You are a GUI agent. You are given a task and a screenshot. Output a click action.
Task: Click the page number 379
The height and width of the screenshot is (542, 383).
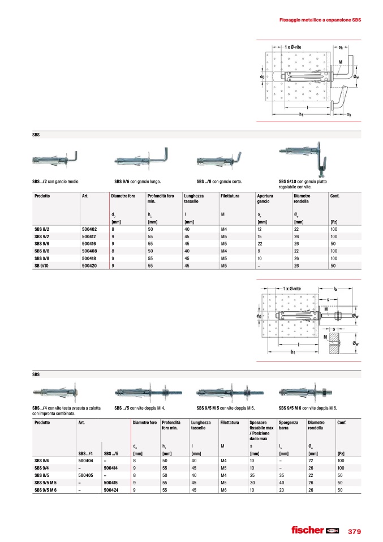coord(354,531)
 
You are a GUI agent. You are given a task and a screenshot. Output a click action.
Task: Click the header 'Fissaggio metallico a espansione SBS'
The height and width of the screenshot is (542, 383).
coord(321,20)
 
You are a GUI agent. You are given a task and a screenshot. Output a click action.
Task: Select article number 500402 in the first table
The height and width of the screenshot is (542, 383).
coord(89,229)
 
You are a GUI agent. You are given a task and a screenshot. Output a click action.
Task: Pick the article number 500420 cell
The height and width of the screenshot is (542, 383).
coord(89,265)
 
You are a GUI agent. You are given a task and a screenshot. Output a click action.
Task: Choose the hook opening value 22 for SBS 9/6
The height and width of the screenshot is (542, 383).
coord(260,243)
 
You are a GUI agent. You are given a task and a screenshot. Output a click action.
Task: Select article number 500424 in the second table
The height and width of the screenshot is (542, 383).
coord(110,490)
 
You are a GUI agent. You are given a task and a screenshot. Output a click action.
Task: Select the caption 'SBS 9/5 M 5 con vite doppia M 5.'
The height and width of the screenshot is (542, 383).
coord(225,408)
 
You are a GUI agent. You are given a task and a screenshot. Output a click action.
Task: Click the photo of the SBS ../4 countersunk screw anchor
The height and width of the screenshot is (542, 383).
coord(55,392)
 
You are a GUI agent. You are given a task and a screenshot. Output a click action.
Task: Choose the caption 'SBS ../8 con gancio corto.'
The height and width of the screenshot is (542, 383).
coord(222,182)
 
